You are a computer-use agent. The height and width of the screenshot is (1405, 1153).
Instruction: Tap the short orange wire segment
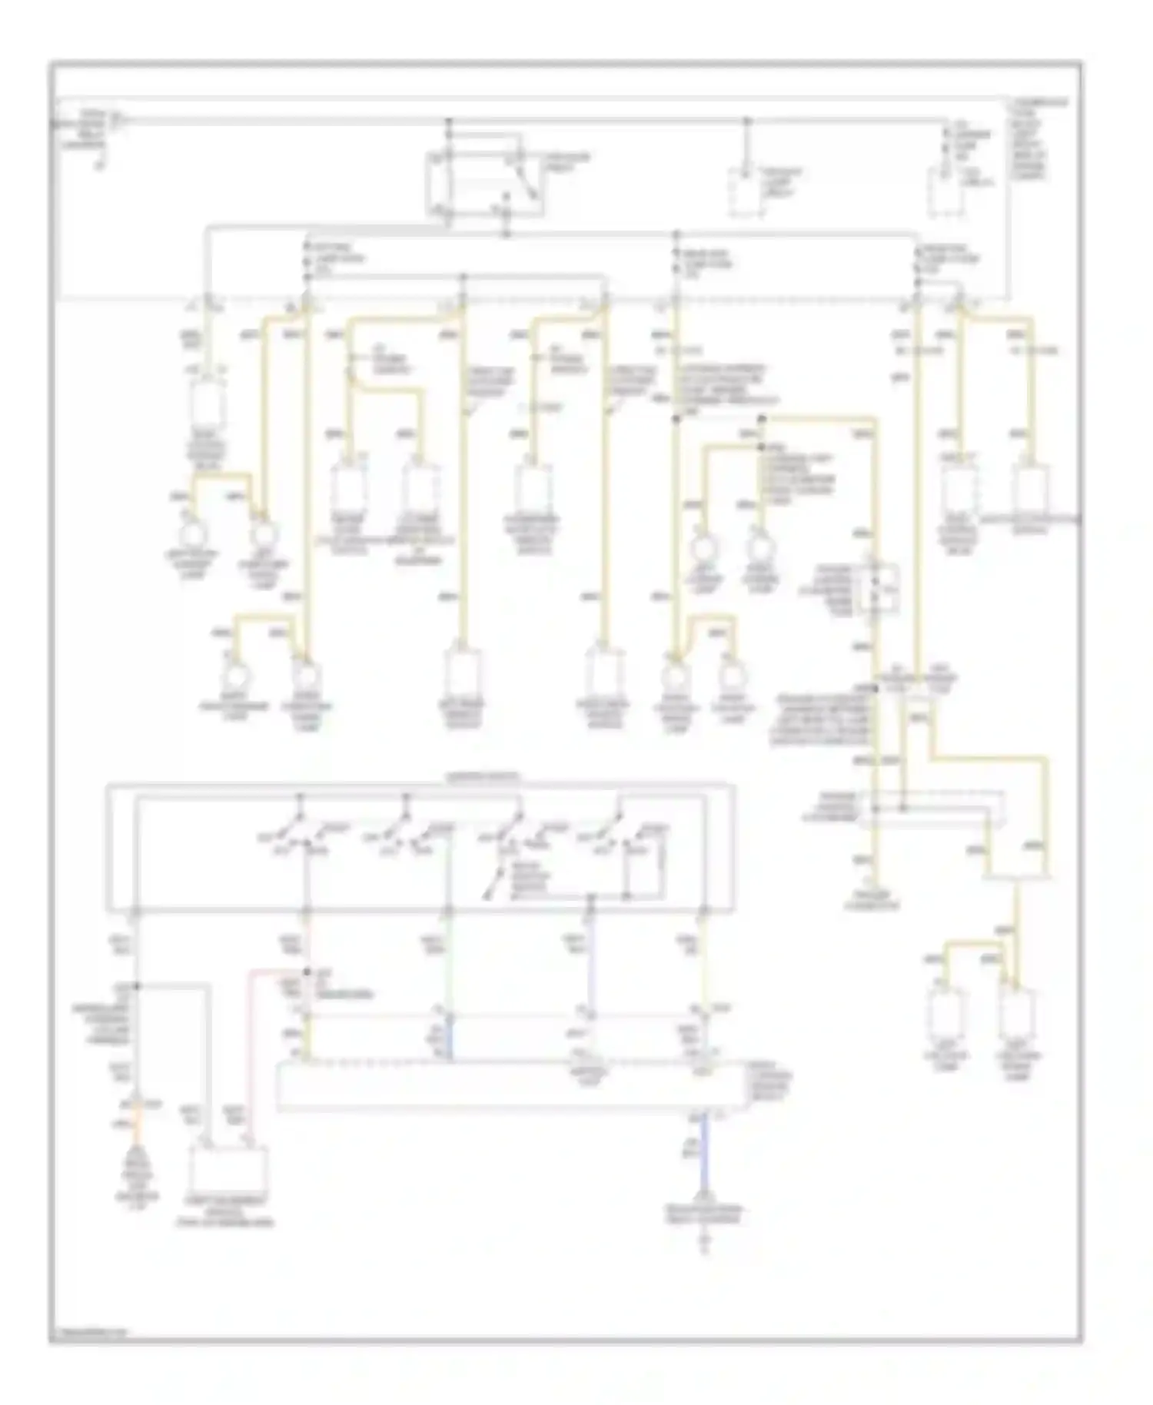(139, 1123)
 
